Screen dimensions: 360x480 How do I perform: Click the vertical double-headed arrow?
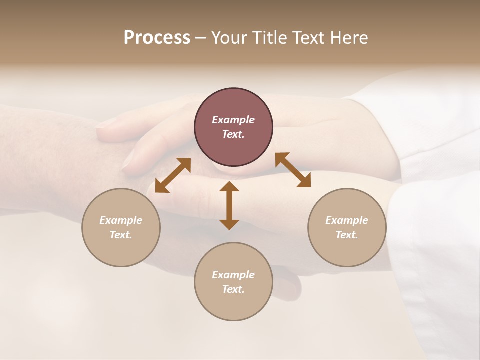point(229,205)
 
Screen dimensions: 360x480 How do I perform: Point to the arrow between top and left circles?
point(173,175)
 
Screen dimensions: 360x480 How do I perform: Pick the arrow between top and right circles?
point(293,170)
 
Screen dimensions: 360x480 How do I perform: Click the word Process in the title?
point(157,38)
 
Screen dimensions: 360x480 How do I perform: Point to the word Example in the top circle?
point(233,120)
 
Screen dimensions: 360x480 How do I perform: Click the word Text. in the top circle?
point(233,134)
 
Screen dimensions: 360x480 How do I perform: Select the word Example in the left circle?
point(121,220)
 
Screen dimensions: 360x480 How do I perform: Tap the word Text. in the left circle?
point(121,235)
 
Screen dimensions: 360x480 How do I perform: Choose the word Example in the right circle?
point(347,220)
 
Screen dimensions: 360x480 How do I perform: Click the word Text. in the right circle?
point(347,235)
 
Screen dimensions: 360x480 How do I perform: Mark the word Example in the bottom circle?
point(233,275)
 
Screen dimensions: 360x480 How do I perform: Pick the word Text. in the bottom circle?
point(233,289)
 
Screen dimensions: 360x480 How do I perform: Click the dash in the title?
point(200,38)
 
